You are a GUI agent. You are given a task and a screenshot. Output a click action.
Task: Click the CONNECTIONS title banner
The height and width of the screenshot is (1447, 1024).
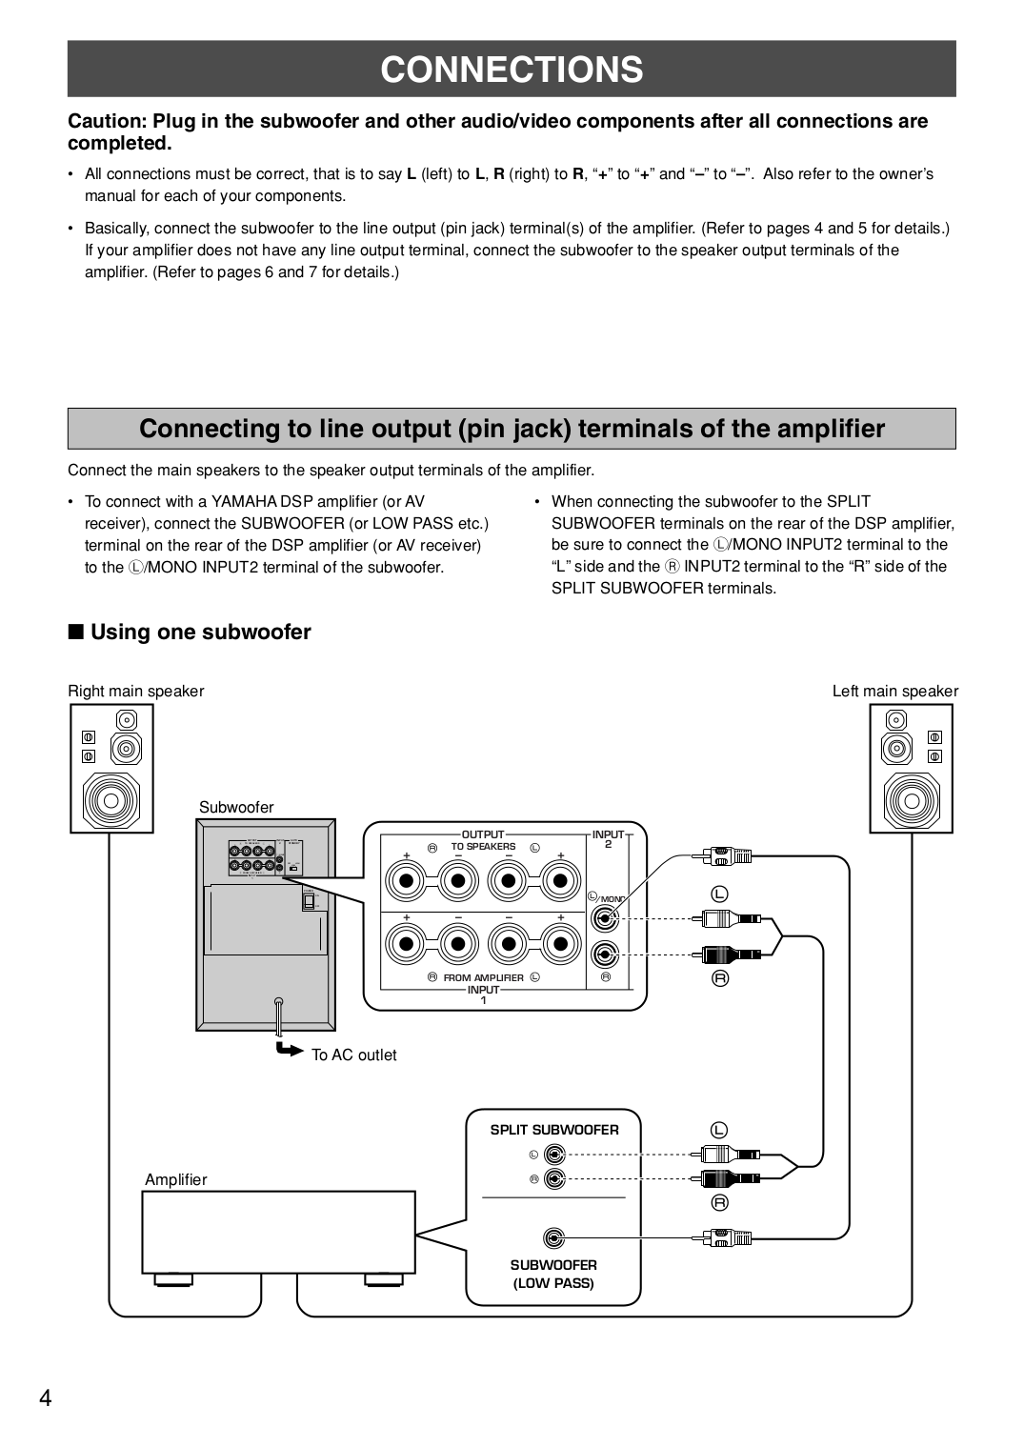click(512, 70)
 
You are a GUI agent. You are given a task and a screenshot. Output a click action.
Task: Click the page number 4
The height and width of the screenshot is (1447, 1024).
click(46, 1397)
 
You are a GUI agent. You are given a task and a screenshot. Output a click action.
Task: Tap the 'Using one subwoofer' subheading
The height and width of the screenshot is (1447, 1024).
click(200, 633)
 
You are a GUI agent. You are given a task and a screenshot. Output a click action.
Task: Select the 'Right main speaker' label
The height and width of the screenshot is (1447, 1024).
click(135, 692)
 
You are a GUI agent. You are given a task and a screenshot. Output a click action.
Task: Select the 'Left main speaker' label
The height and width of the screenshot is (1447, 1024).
click(894, 692)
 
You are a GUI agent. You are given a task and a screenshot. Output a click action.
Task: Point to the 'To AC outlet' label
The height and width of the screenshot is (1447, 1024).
click(353, 1055)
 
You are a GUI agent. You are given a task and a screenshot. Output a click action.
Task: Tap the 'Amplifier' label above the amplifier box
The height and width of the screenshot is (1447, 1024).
click(175, 1179)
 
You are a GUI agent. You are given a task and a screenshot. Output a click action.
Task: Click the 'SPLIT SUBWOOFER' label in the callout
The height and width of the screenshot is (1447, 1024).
click(554, 1130)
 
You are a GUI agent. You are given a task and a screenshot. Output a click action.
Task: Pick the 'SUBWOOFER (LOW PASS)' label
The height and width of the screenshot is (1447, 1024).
click(553, 1274)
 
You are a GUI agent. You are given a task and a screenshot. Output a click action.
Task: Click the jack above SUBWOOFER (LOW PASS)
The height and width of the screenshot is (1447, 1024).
click(553, 1237)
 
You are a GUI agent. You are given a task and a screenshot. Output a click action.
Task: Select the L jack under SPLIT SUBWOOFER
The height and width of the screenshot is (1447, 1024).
click(554, 1155)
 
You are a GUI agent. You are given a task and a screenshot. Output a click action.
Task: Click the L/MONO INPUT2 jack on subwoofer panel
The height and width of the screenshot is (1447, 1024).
click(606, 918)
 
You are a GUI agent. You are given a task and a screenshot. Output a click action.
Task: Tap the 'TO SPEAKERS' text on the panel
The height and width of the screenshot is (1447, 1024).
click(483, 846)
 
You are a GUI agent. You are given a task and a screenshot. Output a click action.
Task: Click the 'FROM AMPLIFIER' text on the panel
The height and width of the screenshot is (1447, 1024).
click(483, 977)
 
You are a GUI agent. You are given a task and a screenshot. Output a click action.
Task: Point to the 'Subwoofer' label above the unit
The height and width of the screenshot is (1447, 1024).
click(235, 807)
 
